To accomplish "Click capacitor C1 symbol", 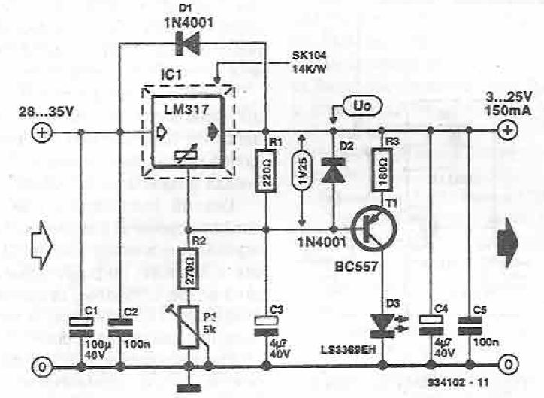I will tap(80, 325).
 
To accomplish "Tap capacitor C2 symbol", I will tap(120, 325).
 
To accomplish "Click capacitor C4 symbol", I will tap(428, 325).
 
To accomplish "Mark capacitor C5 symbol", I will tap(469, 325).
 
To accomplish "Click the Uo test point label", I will tap(359, 106).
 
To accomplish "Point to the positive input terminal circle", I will tap(40, 132).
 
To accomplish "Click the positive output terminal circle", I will tap(508, 130).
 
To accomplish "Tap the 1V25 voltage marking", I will tap(302, 179).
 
